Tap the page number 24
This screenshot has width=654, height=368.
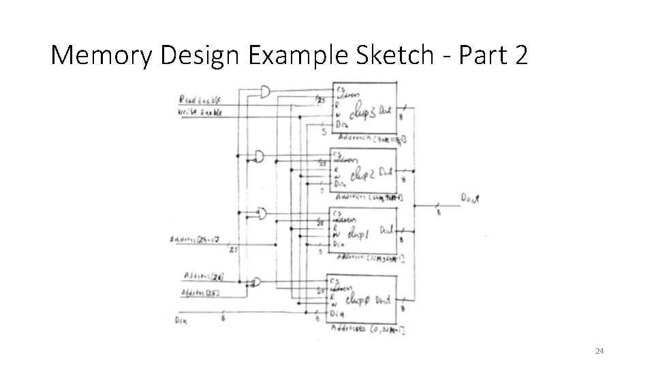click(x=599, y=351)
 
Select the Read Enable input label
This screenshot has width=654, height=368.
click(x=200, y=100)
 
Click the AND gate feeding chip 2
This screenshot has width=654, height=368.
click(x=260, y=157)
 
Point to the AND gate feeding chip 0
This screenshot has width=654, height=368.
click(x=256, y=281)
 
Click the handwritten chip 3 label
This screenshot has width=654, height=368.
click(x=362, y=112)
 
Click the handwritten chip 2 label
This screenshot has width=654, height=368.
click(x=361, y=174)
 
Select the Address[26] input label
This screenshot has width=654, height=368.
click(x=204, y=276)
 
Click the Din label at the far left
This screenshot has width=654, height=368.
click(x=182, y=319)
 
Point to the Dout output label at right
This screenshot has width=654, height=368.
click(x=471, y=198)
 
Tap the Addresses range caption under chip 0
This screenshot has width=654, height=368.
click(x=367, y=331)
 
